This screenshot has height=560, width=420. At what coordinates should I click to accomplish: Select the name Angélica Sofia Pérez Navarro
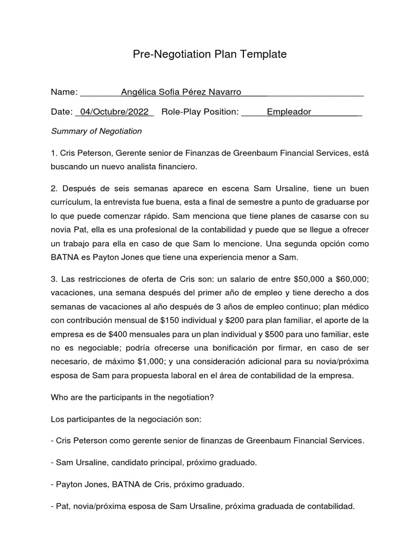(182, 92)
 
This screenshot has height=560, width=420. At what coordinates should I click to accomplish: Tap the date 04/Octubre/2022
(114, 112)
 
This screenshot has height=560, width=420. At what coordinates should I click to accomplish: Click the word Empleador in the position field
(289, 112)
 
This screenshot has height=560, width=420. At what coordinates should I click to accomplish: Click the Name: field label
(65, 92)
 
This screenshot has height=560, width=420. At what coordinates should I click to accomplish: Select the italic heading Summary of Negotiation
(96, 131)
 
